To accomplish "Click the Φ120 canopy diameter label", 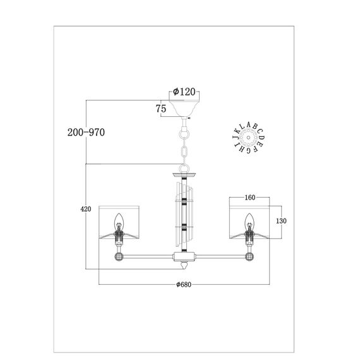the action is coord(184,92).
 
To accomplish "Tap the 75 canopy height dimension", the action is coord(161,109).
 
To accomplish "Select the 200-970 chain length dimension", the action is coord(86,132).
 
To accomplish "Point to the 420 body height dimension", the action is coord(86,209).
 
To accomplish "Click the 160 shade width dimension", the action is coord(250,198).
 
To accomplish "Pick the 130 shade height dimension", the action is coord(281,221).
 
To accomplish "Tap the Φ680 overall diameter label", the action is coord(184,284).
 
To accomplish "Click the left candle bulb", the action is coord(119,221).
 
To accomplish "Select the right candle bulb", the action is coord(249,221).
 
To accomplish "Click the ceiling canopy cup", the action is coord(184,109).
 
